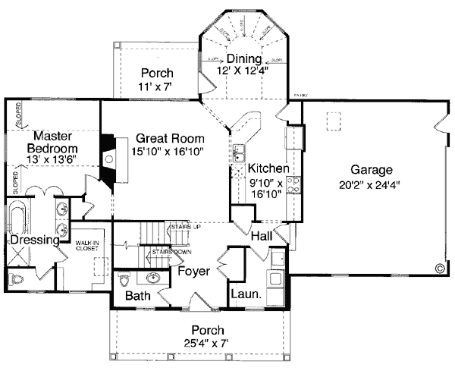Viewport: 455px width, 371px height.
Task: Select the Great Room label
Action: point(171,139)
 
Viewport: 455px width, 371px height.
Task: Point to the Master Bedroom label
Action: point(52,142)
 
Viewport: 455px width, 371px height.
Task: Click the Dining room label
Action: point(243,59)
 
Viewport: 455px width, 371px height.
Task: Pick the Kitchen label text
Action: point(268,168)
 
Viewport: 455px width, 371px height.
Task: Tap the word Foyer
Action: point(193,270)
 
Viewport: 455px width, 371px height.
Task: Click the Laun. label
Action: point(246,294)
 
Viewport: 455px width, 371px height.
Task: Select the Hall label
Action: point(262,237)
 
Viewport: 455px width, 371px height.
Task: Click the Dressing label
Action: point(35,241)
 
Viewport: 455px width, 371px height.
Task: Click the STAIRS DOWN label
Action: point(171,250)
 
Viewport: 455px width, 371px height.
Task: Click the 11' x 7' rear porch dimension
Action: point(156,87)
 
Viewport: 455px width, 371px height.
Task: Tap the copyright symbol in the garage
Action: point(438,266)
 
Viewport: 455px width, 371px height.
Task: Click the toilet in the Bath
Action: point(125,276)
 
